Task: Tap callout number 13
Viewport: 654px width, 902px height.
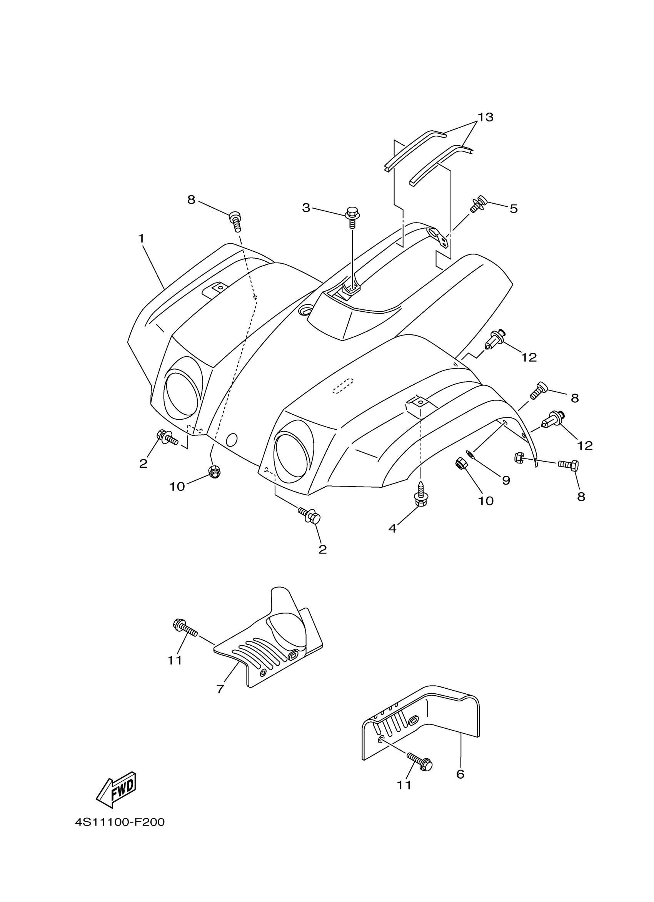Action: click(x=485, y=117)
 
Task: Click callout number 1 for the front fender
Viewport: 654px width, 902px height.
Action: click(x=141, y=239)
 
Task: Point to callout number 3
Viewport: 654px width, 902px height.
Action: click(x=306, y=208)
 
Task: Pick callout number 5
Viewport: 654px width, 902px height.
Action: click(x=514, y=209)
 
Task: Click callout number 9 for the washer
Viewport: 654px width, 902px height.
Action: click(x=506, y=480)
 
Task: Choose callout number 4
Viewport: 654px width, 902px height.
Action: click(x=392, y=528)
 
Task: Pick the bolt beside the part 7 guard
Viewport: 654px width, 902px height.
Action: click(x=185, y=629)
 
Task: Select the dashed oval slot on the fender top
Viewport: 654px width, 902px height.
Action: click(x=343, y=386)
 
